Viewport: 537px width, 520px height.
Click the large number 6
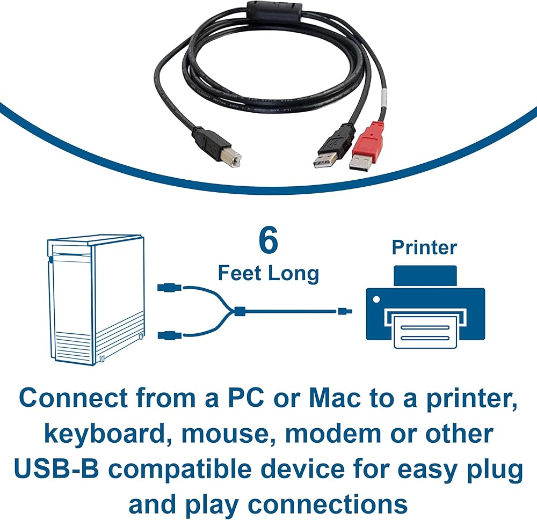268,241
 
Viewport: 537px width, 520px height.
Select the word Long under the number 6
293,273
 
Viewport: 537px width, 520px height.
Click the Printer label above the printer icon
424,247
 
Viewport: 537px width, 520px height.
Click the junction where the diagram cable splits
239,311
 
